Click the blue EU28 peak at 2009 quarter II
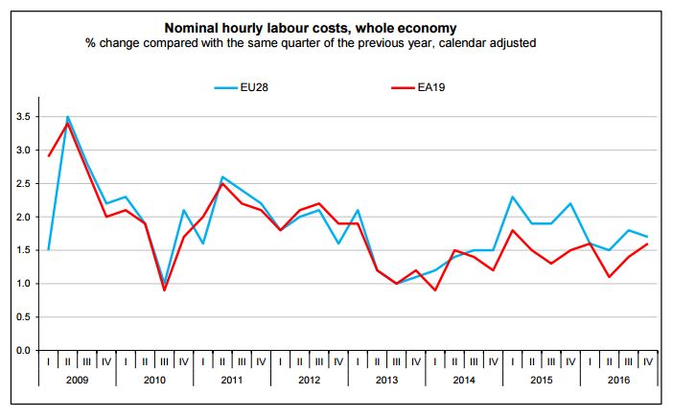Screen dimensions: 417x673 click(67, 117)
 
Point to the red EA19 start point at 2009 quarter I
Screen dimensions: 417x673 click(48, 156)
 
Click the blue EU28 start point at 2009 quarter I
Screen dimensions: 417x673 click(48, 250)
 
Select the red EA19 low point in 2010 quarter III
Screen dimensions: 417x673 click(164, 290)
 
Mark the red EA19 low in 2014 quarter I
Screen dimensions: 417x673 click(436, 290)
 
